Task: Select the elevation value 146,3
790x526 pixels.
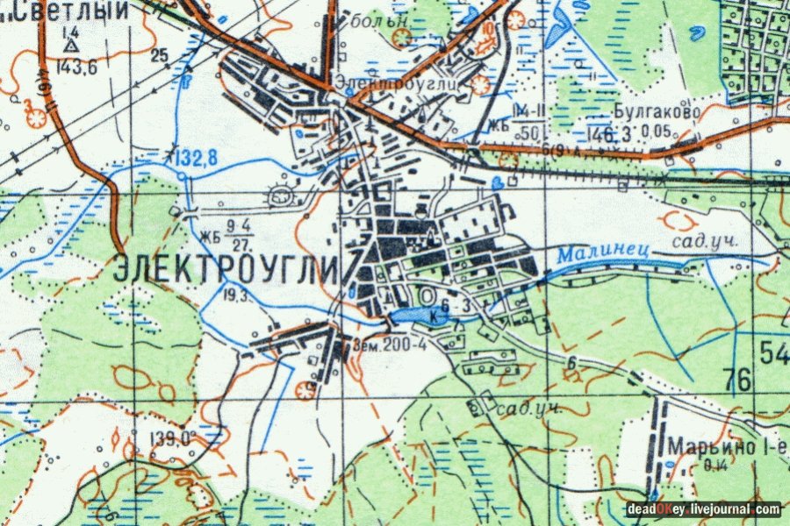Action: click(x=612, y=134)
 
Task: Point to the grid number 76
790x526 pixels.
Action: click(x=737, y=380)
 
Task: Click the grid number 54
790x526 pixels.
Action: click(x=775, y=353)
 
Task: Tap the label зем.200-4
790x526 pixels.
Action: click(x=390, y=344)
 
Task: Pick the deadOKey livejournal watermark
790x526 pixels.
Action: click(x=702, y=508)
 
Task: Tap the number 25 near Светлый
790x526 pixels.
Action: click(x=159, y=57)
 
